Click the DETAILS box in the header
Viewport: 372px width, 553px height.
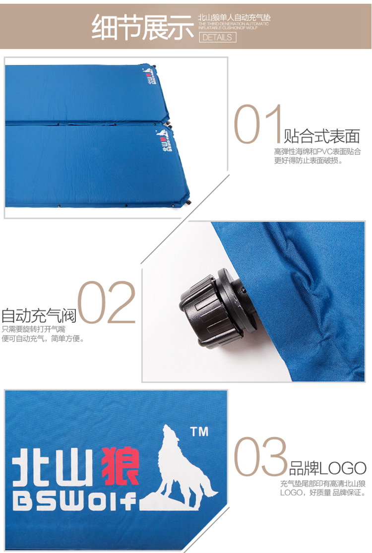coord(218,37)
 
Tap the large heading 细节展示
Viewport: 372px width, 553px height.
coord(143,27)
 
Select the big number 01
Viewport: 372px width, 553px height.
coord(258,124)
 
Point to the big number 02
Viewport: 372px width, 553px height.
coord(107,302)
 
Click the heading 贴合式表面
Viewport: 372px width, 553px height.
coord(322,136)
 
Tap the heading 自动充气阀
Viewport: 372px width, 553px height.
coord(39,315)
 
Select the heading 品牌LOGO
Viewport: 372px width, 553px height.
coord(327,468)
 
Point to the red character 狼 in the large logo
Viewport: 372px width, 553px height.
coord(120,466)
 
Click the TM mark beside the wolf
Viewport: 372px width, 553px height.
coord(199,431)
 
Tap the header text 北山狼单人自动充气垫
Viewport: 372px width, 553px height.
coord(234,17)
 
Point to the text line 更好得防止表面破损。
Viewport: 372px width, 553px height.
coord(309,161)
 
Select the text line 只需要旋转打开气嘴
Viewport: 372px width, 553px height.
coord(34,329)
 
